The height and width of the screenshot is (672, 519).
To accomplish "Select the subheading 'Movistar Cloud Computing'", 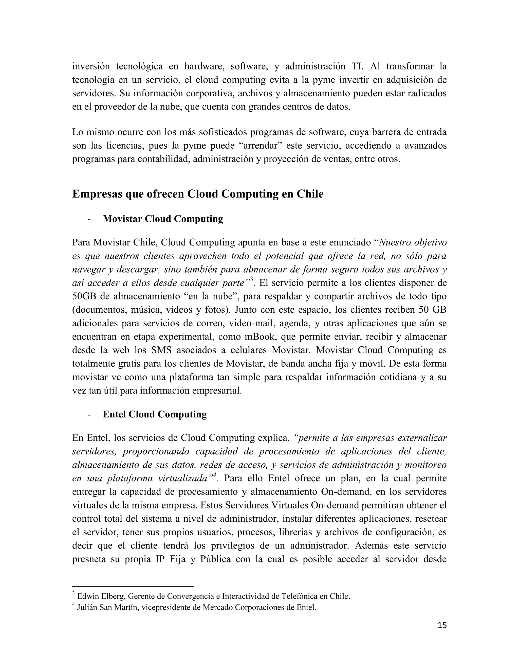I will (163, 219).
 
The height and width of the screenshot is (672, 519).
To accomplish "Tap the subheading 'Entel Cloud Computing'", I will (155, 414).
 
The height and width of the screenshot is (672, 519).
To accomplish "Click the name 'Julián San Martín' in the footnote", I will (107, 608).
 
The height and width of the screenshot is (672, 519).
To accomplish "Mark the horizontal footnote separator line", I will (133, 587).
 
